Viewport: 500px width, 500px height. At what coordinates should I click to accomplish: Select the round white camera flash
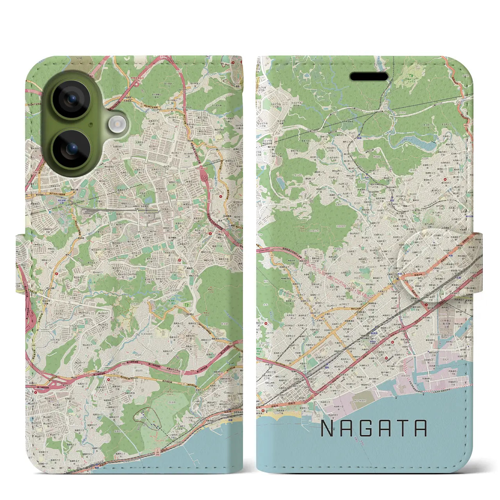click(116, 125)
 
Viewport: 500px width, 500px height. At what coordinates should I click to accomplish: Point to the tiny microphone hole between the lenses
click(91, 125)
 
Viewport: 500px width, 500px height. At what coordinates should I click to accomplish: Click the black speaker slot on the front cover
click(369, 76)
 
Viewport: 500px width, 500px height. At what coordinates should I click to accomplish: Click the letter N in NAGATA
click(327, 429)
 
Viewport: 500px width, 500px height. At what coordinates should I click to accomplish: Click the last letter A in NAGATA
click(421, 429)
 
